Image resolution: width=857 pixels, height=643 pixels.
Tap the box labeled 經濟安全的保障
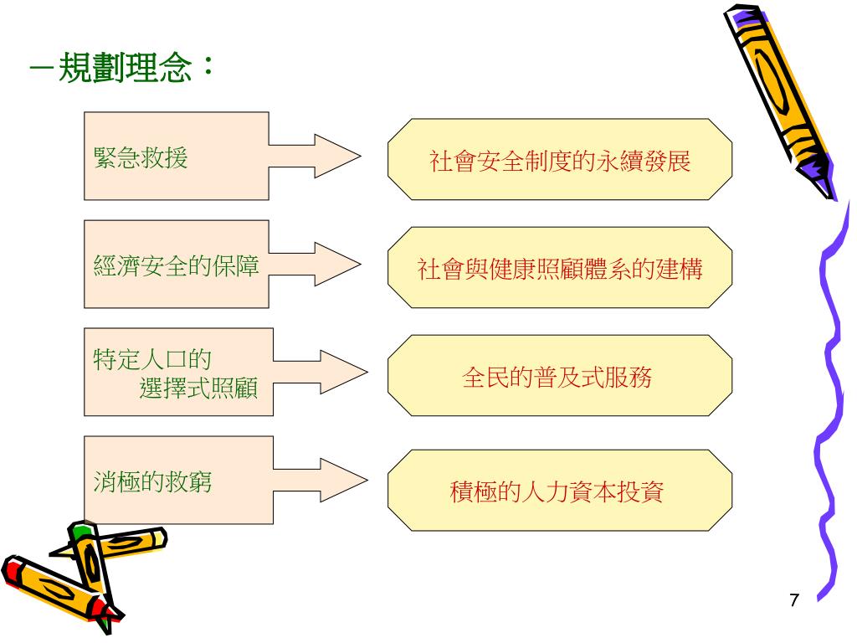[176, 265]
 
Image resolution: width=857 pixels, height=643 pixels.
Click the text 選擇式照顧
[198, 388]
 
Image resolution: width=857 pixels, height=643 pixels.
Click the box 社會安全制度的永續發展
[560, 160]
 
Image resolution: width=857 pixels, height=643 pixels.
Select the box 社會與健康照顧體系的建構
[560, 268]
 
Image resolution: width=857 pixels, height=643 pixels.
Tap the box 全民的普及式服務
[560, 376]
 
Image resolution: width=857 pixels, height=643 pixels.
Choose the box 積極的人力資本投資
[560, 491]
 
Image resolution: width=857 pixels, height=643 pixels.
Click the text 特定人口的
[151, 360]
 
